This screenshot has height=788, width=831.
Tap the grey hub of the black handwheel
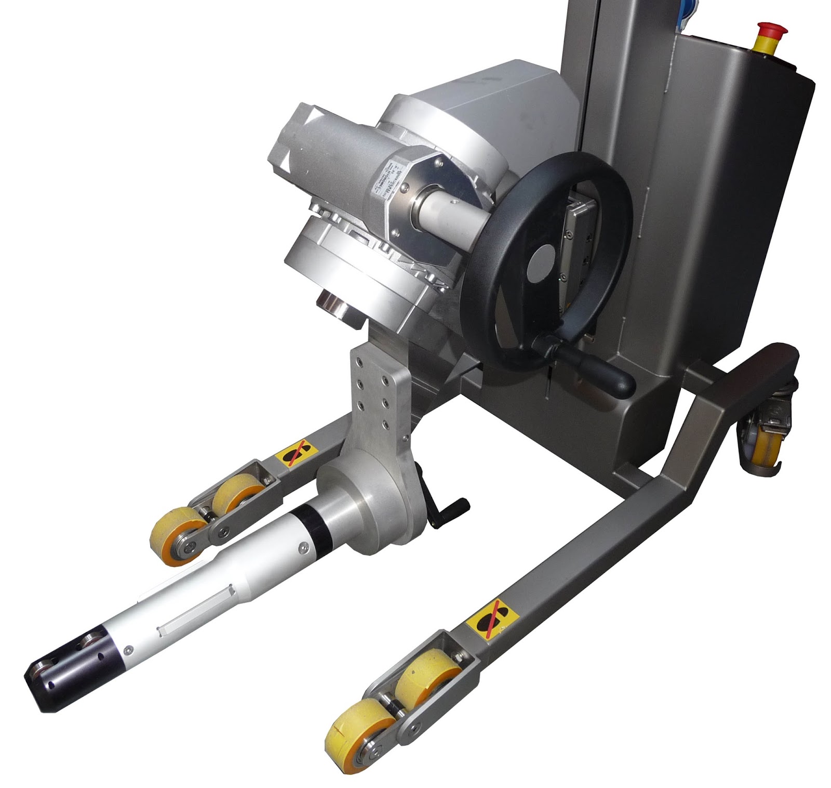(x=542, y=261)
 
